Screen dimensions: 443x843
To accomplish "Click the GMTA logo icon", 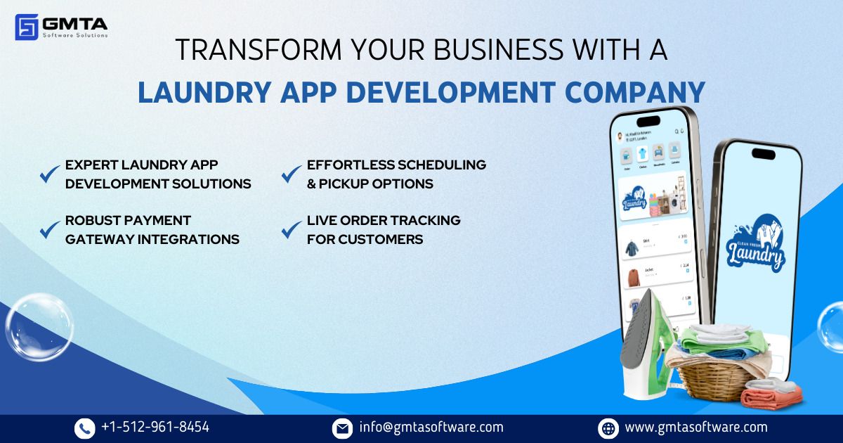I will pyautogui.click(x=26, y=27).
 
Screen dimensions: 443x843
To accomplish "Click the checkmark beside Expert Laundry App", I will pyautogui.click(x=49, y=174).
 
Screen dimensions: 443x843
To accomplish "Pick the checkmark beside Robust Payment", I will pyautogui.click(x=49, y=229).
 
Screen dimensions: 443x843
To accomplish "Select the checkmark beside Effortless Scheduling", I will pyautogui.click(x=291, y=174).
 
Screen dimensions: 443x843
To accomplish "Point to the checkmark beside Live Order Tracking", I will pyautogui.click(x=291, y=229).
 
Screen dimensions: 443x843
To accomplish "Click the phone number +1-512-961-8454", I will pyautogui.click(x=155, y=427).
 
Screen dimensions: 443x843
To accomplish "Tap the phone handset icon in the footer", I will pyautogui.click(x=84, y=428).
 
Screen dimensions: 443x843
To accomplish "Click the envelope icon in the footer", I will pyautogui.click(x=342, y=428).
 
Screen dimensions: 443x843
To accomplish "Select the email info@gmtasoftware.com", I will pyautogui.click(x=431, y=427).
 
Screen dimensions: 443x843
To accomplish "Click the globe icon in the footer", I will pyautogui.click(x=608, y=428).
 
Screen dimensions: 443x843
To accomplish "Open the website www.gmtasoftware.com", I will pyautogui.click(x=695, y=427).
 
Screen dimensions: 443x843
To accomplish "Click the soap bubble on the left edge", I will pyautogui.click(x=39, y=327).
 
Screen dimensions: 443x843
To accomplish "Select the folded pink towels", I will pyautogui.click(x=771, y=397).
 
